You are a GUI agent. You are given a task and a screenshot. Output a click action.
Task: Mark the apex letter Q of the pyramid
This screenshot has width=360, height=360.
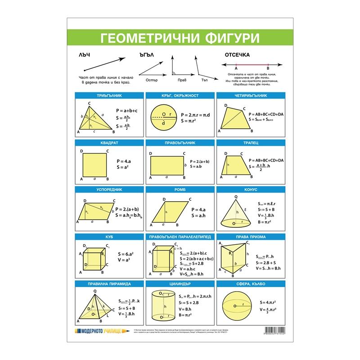click(x=95, y=290)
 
